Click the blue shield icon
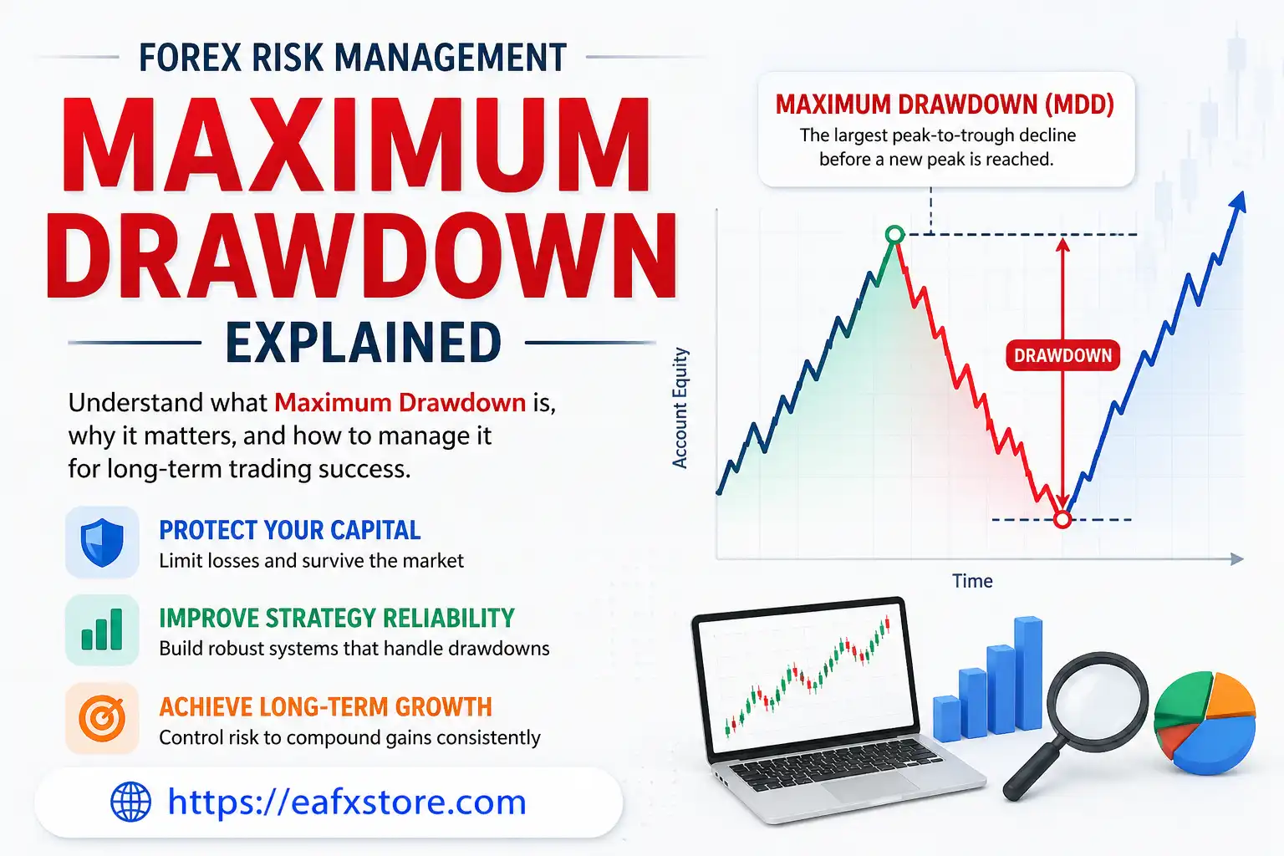(x=102, y=542)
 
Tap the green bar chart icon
(x=102, y=630)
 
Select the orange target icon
(x=102, y=718)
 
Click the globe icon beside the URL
(x=131, y=802)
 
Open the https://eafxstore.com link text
(x=347, y=802)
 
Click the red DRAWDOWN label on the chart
(x=1062, y=355)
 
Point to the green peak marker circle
(x=894, y=235)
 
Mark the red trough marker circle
(x=1062, y=520)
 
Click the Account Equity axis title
(x=680, y=408)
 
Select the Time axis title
(x=972, y=581)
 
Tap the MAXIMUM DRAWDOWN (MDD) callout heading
(x=945, y=104)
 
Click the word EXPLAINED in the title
(x=364, y=343)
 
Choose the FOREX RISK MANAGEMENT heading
(x=353, y=59)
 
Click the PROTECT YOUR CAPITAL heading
(x=290, y=530)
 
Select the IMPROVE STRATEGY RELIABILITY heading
(x=337, y=618)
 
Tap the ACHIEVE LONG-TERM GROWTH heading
(x=325, y=706)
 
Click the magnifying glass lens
(x=1098, y=701)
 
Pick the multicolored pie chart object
(x=1205, y=721)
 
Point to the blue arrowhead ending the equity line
(x=1238, y=202)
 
